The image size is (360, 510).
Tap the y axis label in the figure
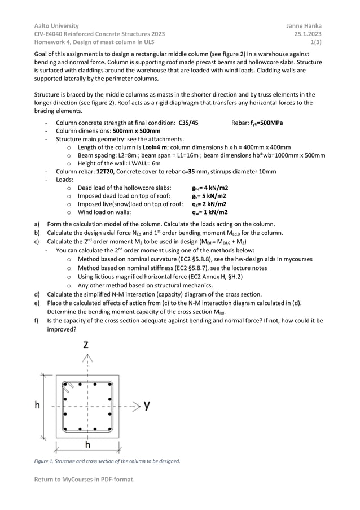click(x=146, y=405)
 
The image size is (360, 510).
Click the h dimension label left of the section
click(x=37, y=405)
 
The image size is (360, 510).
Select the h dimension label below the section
click(x=87, y=445)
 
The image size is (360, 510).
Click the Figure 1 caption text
click(x=107, y=461)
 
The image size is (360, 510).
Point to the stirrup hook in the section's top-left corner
click(x=68, y=387)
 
